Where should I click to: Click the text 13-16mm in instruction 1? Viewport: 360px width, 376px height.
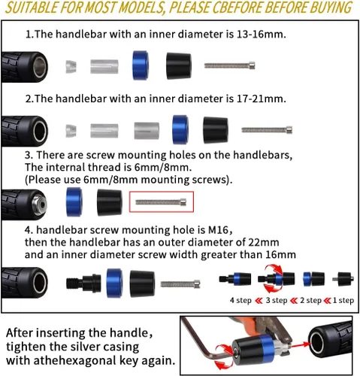(x=261, y=34)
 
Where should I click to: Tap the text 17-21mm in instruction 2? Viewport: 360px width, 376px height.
(x=261, y=99)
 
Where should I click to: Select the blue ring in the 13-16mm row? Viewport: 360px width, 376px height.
(x=141, y=65)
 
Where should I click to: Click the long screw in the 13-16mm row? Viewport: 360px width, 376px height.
(x=230, y=65)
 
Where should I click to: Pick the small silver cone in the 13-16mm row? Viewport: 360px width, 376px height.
(x=71, y=66)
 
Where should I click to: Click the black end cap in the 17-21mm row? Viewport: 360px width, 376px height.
(x=216, y=130)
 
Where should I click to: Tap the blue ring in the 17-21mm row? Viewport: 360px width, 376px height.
(x=180, y=129)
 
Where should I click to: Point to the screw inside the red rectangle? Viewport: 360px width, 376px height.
(x=161, y=202)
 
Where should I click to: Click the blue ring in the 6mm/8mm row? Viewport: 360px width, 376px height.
(x=74, y=202)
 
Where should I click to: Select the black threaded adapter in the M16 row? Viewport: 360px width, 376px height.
(x=83, y=284)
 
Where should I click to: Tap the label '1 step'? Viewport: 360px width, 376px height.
(x=343, y=300)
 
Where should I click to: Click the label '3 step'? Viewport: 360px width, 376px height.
(x=277, y=300)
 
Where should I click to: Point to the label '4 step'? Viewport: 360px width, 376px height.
(x=241, y=300)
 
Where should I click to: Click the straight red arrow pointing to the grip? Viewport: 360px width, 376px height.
(x=300, y=345)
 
